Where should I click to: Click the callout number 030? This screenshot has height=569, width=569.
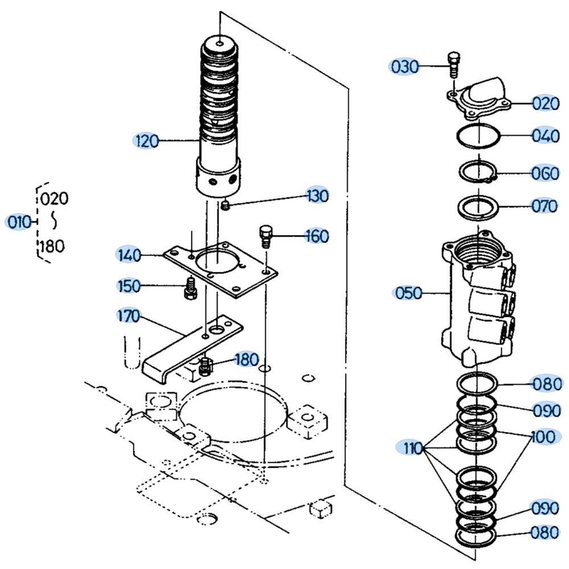click(x=405, y=67)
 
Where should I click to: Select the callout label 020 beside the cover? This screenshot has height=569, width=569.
click(x=546, y=104)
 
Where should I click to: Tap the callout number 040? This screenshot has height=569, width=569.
click(x=546, y=136)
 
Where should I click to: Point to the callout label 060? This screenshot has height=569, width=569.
click(x=546, y=173)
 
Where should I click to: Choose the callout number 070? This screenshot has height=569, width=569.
click(x=545, y=205)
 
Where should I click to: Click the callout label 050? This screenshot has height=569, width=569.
click(x=408, y=293)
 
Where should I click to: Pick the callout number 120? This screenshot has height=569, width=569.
click(x=146, y=141)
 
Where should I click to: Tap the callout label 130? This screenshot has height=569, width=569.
click(x=316, y=196)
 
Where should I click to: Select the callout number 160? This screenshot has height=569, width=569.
click(x=316, y=236)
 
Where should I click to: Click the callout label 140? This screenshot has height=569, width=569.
click(x=129, y=255)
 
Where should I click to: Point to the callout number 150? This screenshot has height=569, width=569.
click(x=129, y=286)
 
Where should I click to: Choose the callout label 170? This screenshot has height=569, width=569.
click(x=129, y=316)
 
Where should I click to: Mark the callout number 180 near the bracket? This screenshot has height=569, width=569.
click(x=246, y=360)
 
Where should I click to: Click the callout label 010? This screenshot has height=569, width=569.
click(x=19, y=222)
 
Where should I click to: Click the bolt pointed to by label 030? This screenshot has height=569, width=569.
click(x=453, y=65)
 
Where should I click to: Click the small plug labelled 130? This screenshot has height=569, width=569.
click(x=226, y=204)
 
